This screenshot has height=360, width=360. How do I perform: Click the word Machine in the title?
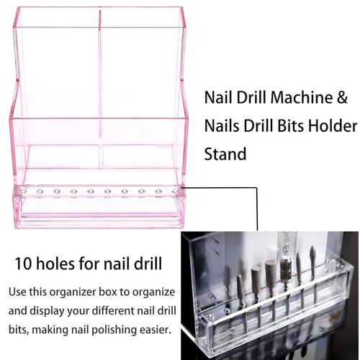[302, 97]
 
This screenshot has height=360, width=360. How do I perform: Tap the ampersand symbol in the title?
[342, 97]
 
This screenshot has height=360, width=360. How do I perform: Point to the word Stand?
[225, 154]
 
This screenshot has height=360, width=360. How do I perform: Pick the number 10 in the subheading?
[23, 264]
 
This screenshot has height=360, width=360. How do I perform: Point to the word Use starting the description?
[17, 292]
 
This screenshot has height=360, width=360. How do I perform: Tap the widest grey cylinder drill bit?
[271, 276]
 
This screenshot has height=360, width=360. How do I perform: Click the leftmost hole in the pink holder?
[23, 192]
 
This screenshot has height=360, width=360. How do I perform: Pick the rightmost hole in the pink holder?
[175, 192]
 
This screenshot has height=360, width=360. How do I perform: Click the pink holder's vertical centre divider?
[100, 88]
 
